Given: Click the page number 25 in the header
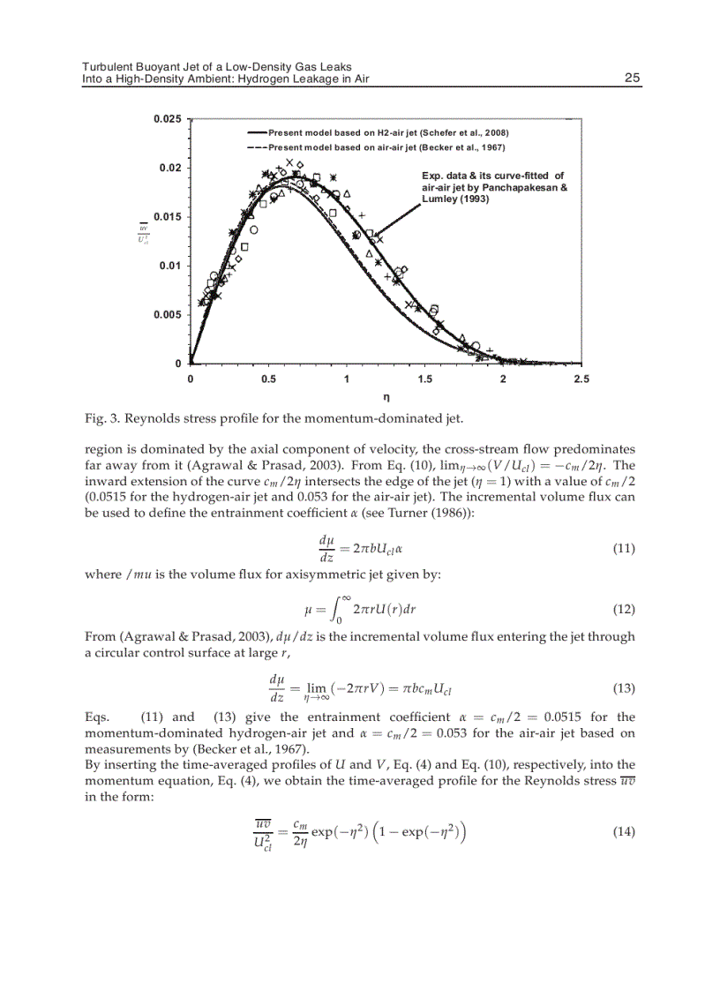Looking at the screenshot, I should tap(632, 79).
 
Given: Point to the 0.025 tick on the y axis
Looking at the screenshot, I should tap(168, 119).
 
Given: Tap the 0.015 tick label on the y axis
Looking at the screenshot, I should tap(168, 217).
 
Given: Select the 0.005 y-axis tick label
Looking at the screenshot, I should tap(168, 315).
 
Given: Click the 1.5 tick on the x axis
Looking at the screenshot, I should tap(424, 379).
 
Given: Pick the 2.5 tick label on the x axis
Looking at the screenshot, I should tap(581, 379).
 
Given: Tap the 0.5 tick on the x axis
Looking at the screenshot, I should tap(269, 379).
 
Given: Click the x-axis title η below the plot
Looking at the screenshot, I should tap(386, 398).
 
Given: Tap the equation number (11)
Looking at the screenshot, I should tap(623, 549).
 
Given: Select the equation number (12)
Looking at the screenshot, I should tap(623, 610).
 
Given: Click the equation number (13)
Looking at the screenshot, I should tap(623, 687).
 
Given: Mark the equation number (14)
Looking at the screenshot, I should tap(623, 832).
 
